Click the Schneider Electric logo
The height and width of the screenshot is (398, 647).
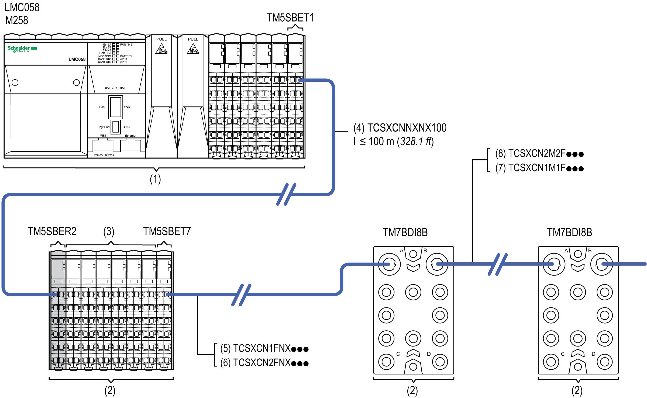[x=22, y=49]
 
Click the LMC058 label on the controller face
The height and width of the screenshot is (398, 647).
[x=77, y=59]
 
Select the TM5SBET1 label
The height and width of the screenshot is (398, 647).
[x=290, y=18]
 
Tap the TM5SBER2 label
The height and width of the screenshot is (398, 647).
[x=52, y=231]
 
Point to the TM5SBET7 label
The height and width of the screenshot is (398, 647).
[x=167, y=231]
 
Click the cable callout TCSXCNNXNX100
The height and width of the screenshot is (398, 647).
[x=400, y=128]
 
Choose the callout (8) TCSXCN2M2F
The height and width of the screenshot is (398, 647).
[x=539, y=154]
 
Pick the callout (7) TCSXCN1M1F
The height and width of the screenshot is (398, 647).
[x=539, y=168]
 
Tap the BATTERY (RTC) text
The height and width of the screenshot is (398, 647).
[x=115, y=88]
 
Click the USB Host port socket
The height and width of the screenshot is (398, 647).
[x=116, y=107]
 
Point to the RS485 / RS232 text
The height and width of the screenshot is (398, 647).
[x=104, y=155]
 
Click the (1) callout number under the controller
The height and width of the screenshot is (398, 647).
[x=156, y=179]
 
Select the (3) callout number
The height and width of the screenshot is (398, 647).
[x=109, y=231]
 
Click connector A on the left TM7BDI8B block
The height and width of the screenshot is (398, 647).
[x=389, y=264]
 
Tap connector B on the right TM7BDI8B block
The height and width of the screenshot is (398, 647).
[x=602, y=264]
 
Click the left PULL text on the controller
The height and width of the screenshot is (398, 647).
[x=161, y=39]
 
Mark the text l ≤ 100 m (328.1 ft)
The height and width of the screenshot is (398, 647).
[x=394, y=142]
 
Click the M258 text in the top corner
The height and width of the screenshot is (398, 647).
[x=17, y=20]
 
